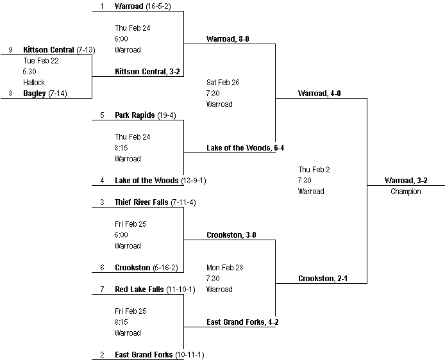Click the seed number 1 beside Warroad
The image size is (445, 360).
[101, 6]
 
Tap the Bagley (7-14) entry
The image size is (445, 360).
[46, 94]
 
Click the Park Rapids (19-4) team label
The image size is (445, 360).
[145, 115]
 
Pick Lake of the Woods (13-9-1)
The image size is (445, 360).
[160, 181]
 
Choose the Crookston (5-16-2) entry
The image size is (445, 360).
[146, 268]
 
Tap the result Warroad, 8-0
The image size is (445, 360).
[228, 39]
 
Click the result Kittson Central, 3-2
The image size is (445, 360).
[147, 72]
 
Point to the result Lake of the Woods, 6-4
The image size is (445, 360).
[245, 148]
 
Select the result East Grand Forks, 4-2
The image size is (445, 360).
[242, 322]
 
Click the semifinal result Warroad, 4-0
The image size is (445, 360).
[319, 94]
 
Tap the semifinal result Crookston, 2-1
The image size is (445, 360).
[323, 279]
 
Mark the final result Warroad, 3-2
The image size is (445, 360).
[406, 181]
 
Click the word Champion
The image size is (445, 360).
[406, 192]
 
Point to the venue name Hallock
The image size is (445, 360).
[34, 83]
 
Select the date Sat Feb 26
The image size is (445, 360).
[223, 83]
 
